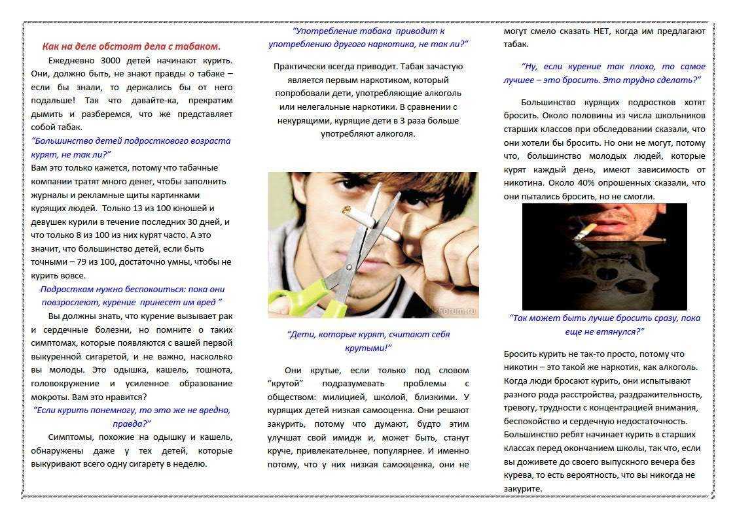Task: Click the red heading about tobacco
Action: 131,46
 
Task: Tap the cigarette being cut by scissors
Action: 367,220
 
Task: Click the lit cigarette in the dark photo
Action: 585,231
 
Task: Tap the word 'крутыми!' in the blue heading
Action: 368,348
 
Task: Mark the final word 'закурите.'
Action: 523,488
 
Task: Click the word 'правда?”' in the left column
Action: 132,423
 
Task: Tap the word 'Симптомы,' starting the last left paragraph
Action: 70,437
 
